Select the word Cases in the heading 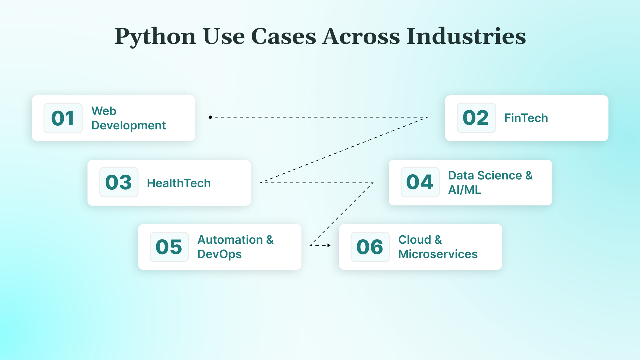coord(283,36)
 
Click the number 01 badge coord(63,118)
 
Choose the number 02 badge coord(476,118)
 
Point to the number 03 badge coord(119,182)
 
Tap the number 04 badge coord(420,182)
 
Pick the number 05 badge coord(169,247)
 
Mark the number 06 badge coord(370,247)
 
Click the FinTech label coord(526,118)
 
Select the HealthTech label coord(179,183)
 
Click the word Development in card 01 coord(128,126)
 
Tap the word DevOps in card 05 coord(219,254)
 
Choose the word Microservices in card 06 coord(438,254)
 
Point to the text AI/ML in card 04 coord(464,190)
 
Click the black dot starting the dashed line coord(210,117)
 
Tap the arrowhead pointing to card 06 coord(329,245)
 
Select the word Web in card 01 coord(104,111)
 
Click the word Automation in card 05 coord(230,240)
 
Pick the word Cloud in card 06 coord(414,240)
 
